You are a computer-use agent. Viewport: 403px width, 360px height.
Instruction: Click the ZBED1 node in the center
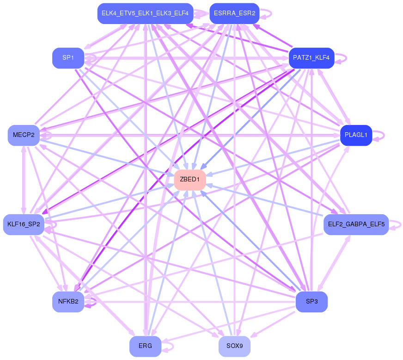(x=190, y=180)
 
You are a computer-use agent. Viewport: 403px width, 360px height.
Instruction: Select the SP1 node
(x=68, y=58)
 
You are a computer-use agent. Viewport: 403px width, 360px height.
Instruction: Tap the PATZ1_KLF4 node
(x=311, y=58)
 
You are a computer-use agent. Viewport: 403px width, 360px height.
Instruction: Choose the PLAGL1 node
(x=356, y=135)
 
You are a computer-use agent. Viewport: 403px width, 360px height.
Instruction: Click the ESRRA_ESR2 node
(x=234, y=13)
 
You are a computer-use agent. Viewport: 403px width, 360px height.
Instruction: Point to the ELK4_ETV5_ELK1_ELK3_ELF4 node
(x=145, y=13)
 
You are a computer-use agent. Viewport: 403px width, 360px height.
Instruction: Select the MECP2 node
(x=24, y=135)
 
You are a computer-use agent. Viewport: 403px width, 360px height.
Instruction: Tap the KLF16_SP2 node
(x=24, y=224)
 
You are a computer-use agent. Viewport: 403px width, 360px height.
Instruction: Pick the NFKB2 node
(x=68, y=302)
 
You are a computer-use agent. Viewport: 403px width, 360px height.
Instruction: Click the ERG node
(x=145, y=346)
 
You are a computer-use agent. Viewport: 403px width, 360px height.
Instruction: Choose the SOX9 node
(x=234, y=346)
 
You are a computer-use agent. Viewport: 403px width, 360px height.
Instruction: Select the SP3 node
(x=311, y=302)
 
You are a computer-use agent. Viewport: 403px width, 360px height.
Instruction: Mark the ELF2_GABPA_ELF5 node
(x=356, y=224)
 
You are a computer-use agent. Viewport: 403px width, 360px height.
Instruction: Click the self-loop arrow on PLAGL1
(x=379, y=136)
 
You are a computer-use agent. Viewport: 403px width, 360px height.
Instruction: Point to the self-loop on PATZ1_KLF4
(x=341, y=58)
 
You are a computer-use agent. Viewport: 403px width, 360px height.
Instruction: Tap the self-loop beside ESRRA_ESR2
(x=266, y=13)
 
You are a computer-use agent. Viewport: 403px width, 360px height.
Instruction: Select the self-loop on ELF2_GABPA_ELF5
(x=395, y=225)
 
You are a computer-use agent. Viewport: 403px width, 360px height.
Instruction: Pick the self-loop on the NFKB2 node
(x=91, y=302)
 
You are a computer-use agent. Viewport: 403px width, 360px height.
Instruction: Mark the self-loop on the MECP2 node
(x=46, y=136)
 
